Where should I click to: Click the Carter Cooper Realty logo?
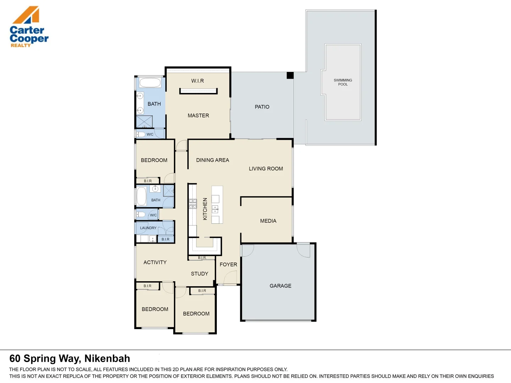(x=29, y=27)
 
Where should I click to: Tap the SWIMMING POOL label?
(x=343, y=82)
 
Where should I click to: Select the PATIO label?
(x=262, y=107)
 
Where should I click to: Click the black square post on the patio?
(x=290, y=75)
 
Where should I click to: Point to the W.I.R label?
(x=197, y=81)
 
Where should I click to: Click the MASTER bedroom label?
(x=198, y=116)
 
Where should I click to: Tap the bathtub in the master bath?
(x=150, y=83)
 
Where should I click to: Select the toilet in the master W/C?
(x=141, y=134)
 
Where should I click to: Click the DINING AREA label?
(x=212, y=160)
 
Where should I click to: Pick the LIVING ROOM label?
(x=266, y=169)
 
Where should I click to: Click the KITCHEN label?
(x=205, y=209)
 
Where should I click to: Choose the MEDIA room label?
(x=268, y=221)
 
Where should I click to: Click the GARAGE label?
(x=280, y=286)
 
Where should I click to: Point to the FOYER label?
(x=228, y=265)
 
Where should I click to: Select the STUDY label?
(x=199, y=274)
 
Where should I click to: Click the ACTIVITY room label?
(x=155, y=262)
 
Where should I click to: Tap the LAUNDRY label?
(x=148, y=228)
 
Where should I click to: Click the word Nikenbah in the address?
(x=107, y=359)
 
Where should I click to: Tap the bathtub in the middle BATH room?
(x=141, y=196)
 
